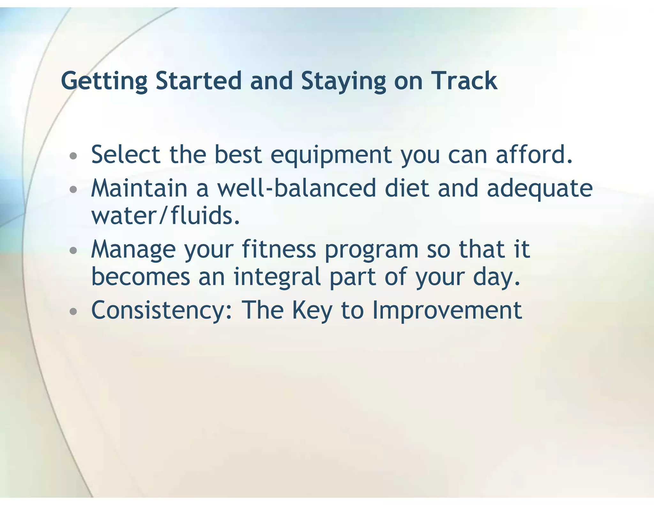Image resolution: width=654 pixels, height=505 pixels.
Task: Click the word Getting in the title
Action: click(104, 81)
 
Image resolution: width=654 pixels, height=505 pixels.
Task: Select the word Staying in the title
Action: click(344, 81)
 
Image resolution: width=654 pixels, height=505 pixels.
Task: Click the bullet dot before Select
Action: click(73, 156)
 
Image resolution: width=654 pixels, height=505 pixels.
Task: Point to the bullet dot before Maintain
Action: click(73, 190)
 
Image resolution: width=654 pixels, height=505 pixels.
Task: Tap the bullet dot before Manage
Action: click(73, 251)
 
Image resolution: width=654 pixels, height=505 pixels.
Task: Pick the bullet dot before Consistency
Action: click(73, 311)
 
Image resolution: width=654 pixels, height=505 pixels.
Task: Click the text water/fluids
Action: click(165, 216)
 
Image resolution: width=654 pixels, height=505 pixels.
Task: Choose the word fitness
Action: click(279, 249)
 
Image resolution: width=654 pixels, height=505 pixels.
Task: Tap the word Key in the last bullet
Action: click(312, 311)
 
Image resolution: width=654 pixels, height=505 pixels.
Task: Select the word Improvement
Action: click(447, 311)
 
